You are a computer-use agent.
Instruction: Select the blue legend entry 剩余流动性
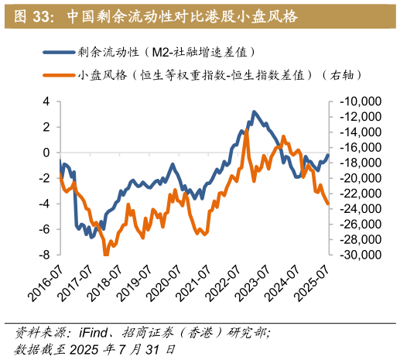pyautogui.click(x=166, y=52)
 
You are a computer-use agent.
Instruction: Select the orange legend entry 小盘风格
pyautogui.click(x=220, y=75)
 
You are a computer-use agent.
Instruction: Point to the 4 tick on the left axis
pyautogui.click(x=46, y=101)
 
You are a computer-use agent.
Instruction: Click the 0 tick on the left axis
pyautogui.click(x=46, y=153)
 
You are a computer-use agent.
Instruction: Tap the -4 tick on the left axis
pyautogui.click(x=43, y=204)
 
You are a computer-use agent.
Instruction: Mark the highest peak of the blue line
pyautogui.click(x=253, y=111)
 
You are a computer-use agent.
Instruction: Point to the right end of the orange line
pyautogui.click(x=328, y=204)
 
